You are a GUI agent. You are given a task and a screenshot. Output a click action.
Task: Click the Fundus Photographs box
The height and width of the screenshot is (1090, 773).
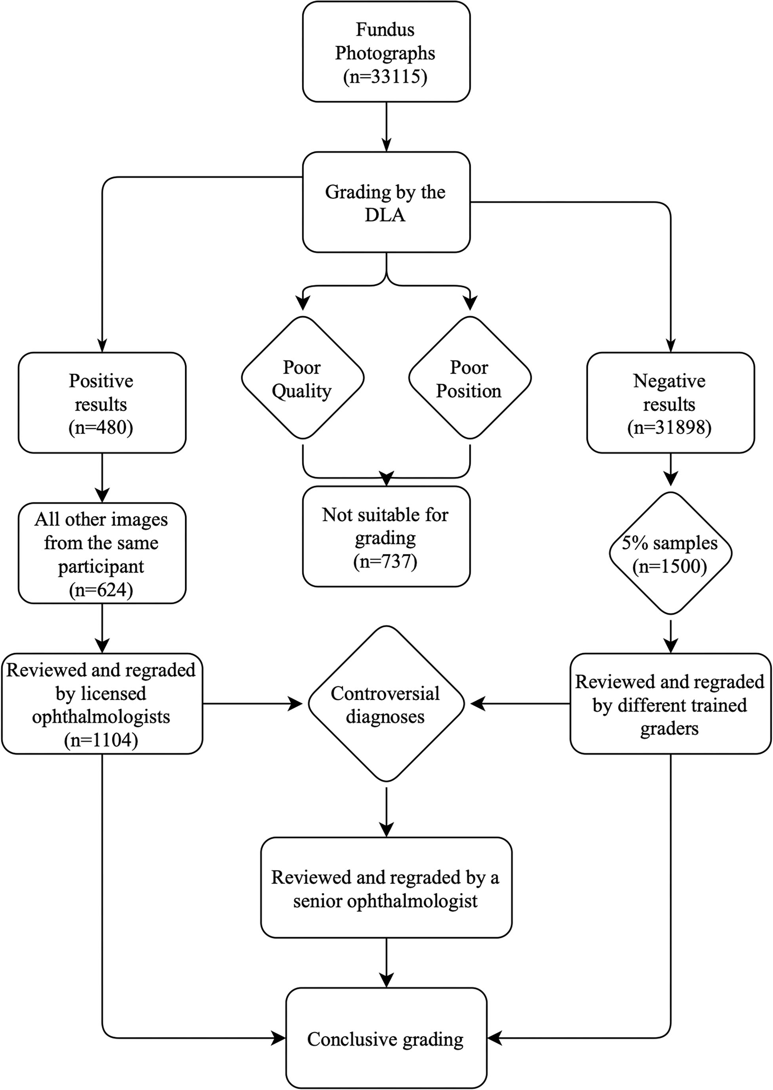click(x=386, y=51)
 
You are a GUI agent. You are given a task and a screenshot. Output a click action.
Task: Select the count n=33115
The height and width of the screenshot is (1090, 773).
click(x=385, y=76)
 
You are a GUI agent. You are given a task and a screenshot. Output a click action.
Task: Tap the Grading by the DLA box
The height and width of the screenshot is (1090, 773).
click(x=386, y=203)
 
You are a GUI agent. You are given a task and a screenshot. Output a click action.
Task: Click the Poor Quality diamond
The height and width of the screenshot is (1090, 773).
click(x=302, y=379)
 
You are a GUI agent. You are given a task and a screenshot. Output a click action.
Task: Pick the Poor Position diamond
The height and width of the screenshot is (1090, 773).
click(x=469, y=379)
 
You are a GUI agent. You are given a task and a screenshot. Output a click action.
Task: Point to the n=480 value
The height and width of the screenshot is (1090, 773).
click(x=102, y=428)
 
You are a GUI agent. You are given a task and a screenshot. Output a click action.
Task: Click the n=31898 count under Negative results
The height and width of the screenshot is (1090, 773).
click(x=669, y=428)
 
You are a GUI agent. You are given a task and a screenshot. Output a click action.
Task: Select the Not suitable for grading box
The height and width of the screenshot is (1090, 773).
click(x=386, y=537)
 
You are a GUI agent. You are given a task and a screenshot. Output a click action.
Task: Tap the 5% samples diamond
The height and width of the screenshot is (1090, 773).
click(x=670, y=553)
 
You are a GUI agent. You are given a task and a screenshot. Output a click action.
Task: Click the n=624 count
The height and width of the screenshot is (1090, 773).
click(x=102, y=590)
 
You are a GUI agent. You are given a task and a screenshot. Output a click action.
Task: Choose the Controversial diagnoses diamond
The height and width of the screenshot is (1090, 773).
click(x=386, y=705)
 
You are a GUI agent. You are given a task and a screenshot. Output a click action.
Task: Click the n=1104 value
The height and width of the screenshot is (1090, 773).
click(x=102, y=740)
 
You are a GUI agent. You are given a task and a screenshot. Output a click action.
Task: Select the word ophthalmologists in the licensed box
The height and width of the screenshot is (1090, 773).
click(x=102, y=717)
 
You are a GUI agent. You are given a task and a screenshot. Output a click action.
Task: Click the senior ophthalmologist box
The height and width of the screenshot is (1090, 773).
click(x=386, y=889)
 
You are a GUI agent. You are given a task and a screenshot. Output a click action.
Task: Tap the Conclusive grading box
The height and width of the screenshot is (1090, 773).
click(x=386, y=1039)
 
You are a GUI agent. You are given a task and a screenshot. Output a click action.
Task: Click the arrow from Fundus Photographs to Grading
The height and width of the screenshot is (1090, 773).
click(x=386, y=127)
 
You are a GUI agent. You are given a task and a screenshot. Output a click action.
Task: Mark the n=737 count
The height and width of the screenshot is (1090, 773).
click(x=385, y=562)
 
